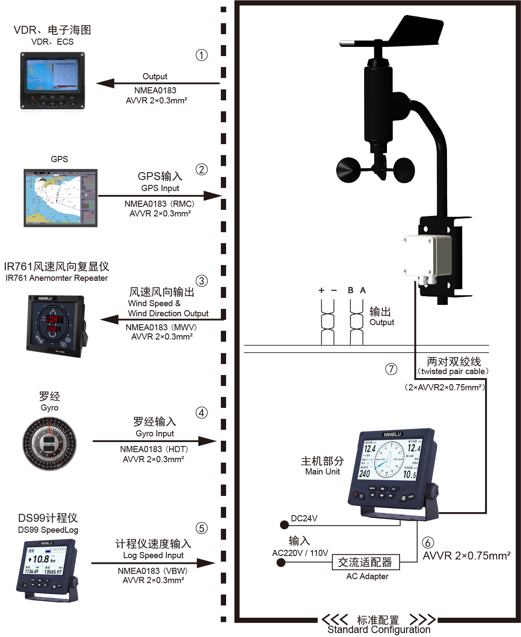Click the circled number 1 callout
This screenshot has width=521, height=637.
[x=202, y=55]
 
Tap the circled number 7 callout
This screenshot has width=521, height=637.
[x=391, y=369]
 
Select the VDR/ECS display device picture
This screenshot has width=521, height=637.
[x=52, y=81]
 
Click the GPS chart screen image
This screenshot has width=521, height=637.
[x=60, y=198]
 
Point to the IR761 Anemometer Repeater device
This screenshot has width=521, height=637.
[x=56, y=326]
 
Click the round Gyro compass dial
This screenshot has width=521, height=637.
[x=50, y=443]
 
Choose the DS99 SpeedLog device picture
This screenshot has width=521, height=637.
[x=48, y=570]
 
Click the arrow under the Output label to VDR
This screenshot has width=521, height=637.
[x=158, y=83]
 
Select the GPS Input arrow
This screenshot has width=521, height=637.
[x=160, y=196]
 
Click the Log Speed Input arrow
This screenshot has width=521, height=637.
[x=153, y=563]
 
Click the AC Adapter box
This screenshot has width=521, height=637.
[x=365, y=562]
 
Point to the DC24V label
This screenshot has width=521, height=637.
[x=304, y=518]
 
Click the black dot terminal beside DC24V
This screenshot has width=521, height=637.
[x=284, y=524]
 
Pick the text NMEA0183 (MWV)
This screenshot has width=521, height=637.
[x=161, y=327]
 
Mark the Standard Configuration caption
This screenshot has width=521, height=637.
[x=379, y=630]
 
